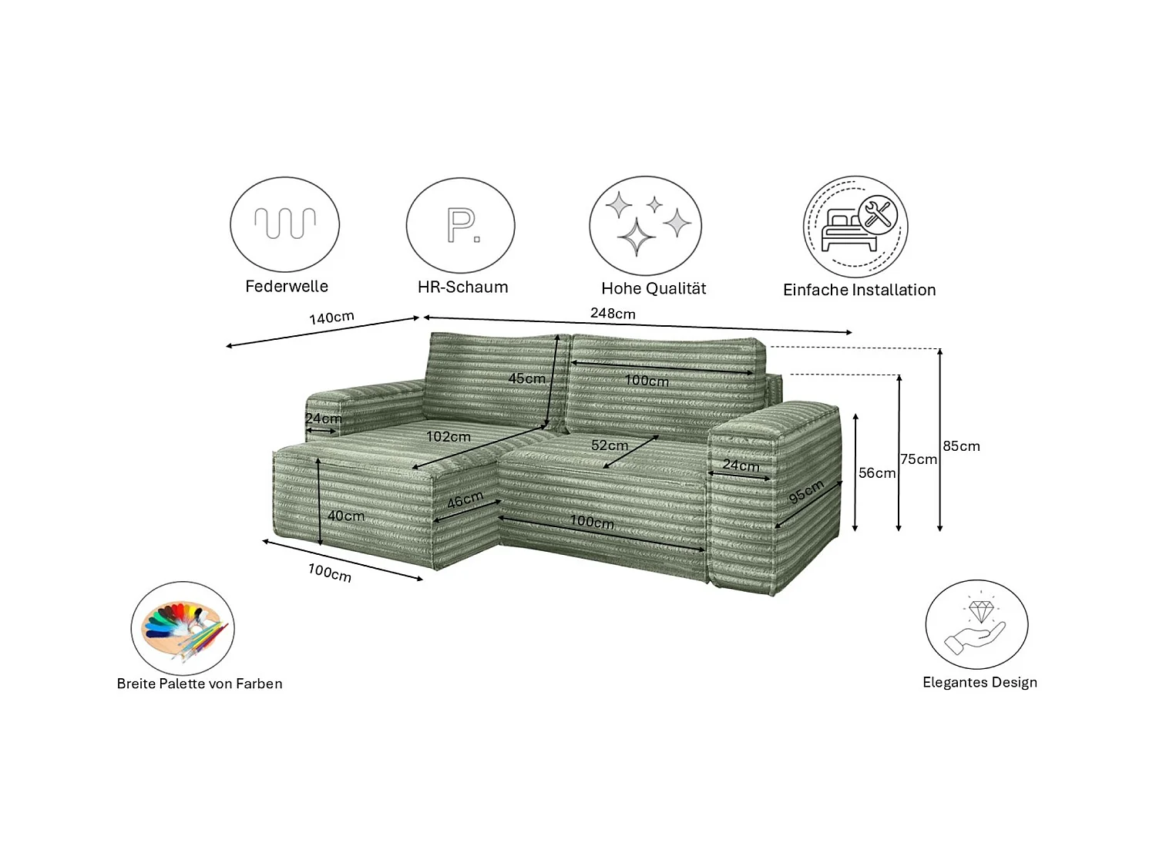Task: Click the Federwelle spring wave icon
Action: pyautogui.click(x=285, y=224)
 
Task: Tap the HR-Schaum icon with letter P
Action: pyautogui.click(x=461, y=225)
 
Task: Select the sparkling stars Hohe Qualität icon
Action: pyautogui.click(x=646, y=225)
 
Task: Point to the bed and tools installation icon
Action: pyautogui.click(x=855, y=227)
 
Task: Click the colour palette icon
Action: pyautogui.click(x=183, y=628)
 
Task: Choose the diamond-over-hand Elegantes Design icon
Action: pyautogui.click(x=976, y=624)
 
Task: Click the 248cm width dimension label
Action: pyautogui.click(x=613, y=314)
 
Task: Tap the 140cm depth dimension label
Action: pyautogui.click(x=331, y=318)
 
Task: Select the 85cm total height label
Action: pyautogui.click(x=961, y=446)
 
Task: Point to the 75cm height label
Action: pyautogui.click(x=919, y=459)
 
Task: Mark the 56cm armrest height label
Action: pyautogui.click(x=877, y=473)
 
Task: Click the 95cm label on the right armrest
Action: pyautogui.click(x=806, y=491)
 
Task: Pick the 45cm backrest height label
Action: pyautogui.click(x=526, y=378)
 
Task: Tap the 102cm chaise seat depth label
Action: pyautogui.click(x=449, y=437)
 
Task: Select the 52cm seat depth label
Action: pyautogui.click(x=610, y=445)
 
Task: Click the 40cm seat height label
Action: pyautogui.click(x=346, y=516)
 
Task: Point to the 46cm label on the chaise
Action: pyautogui.click(x=465, y=500)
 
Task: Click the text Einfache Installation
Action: pyautogui.click(x=859, y=291)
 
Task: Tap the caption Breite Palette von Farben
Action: pyautogui.click(x=200, y=684)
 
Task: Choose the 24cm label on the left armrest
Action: pyautogui.click(x=324, y=418)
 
